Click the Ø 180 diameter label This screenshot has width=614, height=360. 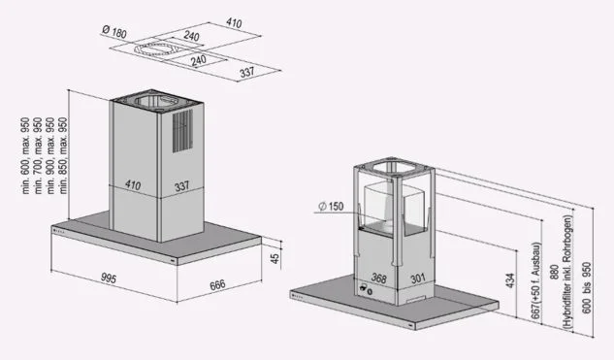coord(114,31)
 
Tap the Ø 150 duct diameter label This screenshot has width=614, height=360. coord(331,206)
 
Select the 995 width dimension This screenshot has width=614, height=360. coord(109,278)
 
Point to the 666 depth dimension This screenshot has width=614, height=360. coord(217,284)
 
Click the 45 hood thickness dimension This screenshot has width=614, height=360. coord(275,258)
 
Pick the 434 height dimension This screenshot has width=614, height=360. coord(510,280)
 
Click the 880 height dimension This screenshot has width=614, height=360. coord(554,273)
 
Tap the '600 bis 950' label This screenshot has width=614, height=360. coord(586,287)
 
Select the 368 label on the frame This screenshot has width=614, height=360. coord(378,278)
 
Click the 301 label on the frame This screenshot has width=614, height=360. coord(418,278)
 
